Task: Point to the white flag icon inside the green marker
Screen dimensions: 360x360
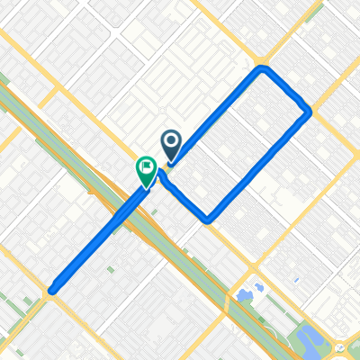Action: [x=146, y=166]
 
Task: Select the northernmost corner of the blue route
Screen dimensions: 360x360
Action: [x=262, y=68]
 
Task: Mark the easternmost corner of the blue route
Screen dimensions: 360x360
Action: [x=310, y=112]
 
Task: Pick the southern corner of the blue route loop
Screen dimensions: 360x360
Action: [x=208, y=219]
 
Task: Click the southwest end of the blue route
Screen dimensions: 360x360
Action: [x=52, y=290]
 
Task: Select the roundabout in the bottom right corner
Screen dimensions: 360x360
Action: [x=339, y=346]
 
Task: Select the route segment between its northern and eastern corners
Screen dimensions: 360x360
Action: [x=286, y=90]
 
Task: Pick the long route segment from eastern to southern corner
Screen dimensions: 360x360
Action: [x=259, y=166]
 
